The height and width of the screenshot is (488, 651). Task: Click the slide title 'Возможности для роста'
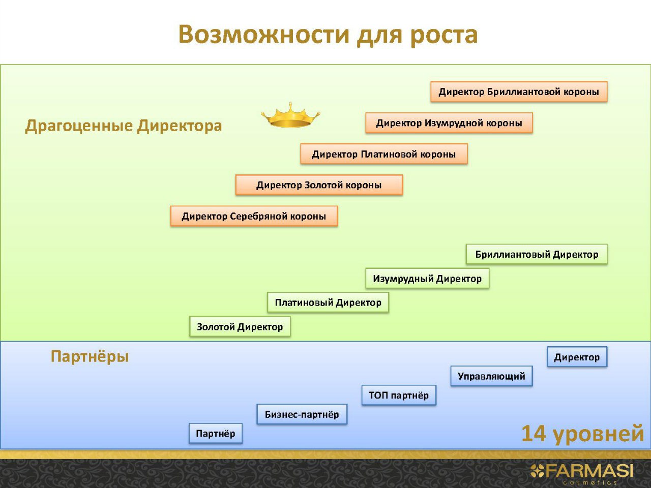click(x=328, y=35)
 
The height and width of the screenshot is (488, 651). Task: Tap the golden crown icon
click(x=290, y=115)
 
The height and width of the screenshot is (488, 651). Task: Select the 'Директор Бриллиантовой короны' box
click(x=519, y=92)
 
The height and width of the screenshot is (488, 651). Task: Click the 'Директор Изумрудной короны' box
click(x=449, y=123)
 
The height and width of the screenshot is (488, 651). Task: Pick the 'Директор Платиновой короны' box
click(x=383, y=154)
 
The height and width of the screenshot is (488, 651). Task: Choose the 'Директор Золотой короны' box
click(x=319, y=185)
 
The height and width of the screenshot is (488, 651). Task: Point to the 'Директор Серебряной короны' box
click(x=254, y=216)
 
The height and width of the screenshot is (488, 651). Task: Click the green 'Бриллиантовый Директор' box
click(x=537, y=254)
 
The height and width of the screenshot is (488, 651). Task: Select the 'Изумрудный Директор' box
click(x=427, y=279)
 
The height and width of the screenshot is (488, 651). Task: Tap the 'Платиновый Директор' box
click(x=328, y=302)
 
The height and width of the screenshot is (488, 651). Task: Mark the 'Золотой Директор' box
click(x=240, y=327)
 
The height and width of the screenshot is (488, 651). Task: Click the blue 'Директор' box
click(x=577, y=357)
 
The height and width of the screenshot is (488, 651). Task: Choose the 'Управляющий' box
click(x=491, y=376)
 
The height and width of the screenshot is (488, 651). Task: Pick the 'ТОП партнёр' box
click(x=399, y=395)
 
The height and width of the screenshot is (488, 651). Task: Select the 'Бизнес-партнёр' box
click(x=302, y=414)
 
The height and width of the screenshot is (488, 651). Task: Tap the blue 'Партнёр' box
click(x=216, y=434)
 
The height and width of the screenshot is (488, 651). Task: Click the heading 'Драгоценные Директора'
click(x=124, y=126)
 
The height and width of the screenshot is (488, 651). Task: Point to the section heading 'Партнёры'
click(x=90, y=356)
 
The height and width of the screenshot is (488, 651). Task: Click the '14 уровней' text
click(x=582, y=434)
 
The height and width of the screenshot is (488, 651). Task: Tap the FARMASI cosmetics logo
click(x=582, y=473)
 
